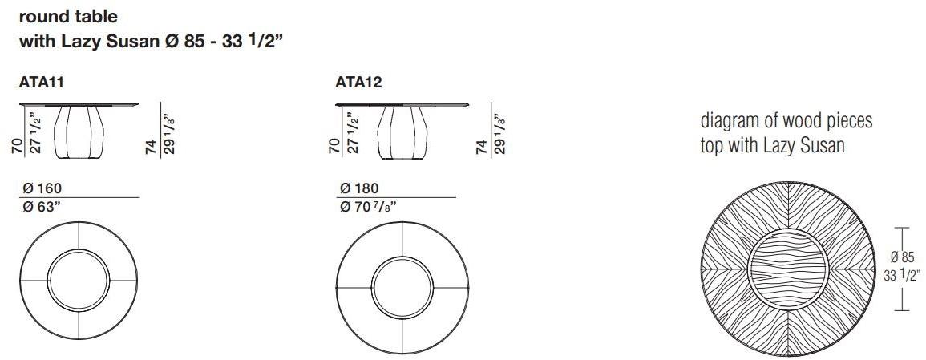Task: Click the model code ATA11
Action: click(42, 82)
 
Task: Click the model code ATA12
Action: click(358, 82)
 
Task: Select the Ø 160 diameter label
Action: click(42, 188)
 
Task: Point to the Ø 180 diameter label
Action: click(359, 188)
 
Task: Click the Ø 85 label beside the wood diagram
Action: click(903, 258)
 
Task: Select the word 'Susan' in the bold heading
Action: click(129, 42)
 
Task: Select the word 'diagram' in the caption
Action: click(729, 122)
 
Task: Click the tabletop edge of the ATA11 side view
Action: click(78, 104)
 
